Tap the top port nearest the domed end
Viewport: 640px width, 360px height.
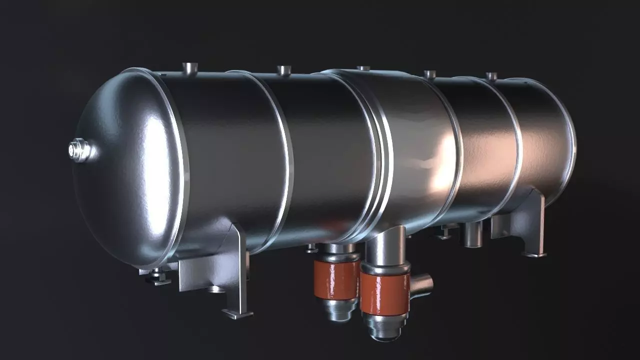click(x=190, y=68)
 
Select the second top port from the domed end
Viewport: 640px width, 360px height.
click(x=283, y=70)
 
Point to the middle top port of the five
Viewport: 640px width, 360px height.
click(x=363, y=68)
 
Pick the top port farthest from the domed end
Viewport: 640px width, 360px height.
click(x=492, y=76)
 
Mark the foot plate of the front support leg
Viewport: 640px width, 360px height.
click(x=237, y=314)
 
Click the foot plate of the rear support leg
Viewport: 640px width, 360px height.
click(x=533, y=254)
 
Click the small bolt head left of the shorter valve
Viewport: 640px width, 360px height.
click(x=311, y=247)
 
